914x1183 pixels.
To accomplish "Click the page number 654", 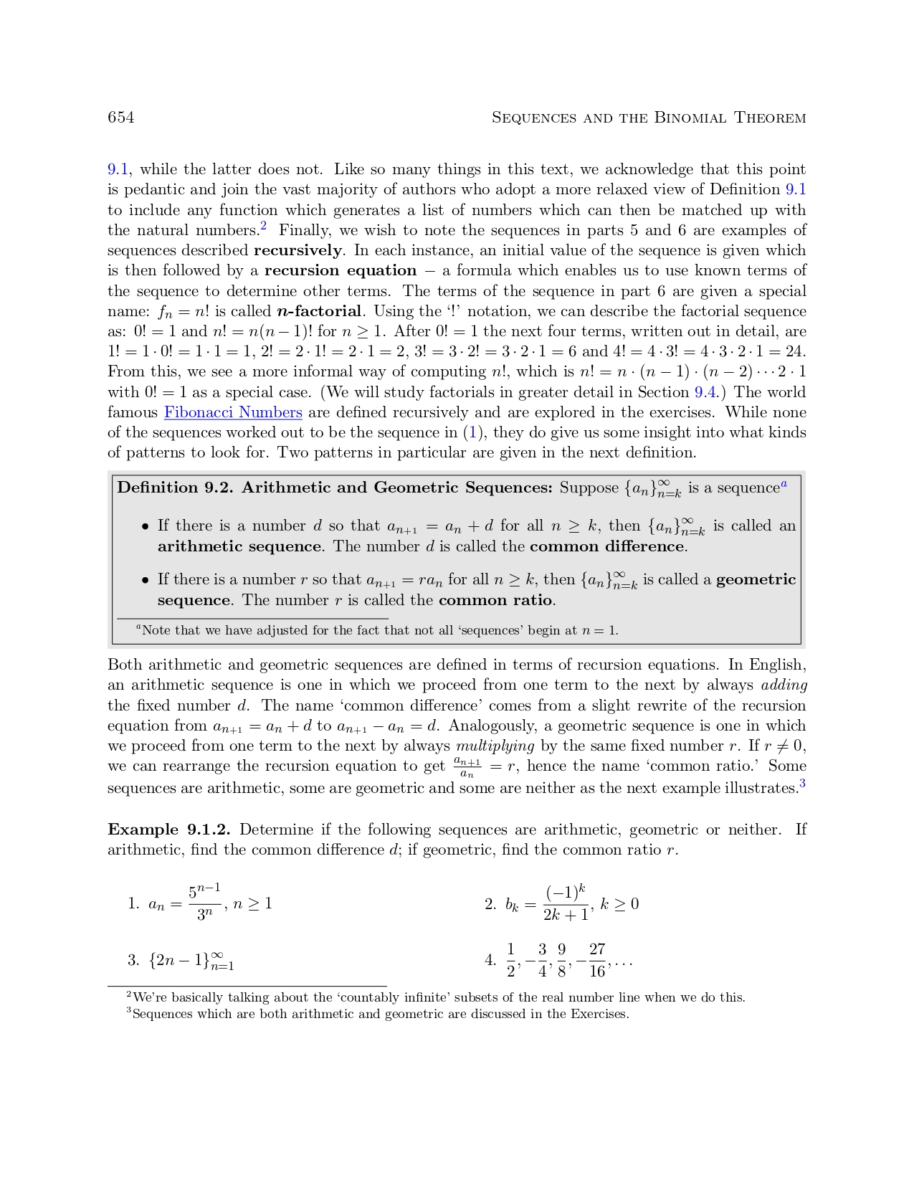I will point(120,118).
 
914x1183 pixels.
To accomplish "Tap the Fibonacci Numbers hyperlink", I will point(233,412).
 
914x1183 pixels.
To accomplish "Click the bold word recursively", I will point(297,250).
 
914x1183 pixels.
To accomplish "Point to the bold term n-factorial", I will point(319,311).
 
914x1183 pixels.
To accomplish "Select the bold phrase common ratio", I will point(496,600).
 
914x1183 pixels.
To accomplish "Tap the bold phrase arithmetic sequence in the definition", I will point(239,546).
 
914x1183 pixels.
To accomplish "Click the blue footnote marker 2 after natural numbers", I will point(263,227).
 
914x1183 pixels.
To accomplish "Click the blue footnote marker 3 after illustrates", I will point(802,784).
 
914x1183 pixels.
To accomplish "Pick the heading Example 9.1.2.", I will point(169,830).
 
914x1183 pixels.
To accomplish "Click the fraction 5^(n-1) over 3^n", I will point(204,903).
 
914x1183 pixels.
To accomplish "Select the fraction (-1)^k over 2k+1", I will point(566,903).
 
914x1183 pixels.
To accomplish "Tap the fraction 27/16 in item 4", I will point(597,961).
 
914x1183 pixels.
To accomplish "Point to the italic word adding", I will point(784,685).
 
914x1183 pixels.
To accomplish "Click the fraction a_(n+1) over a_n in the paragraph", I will point(467,767).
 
